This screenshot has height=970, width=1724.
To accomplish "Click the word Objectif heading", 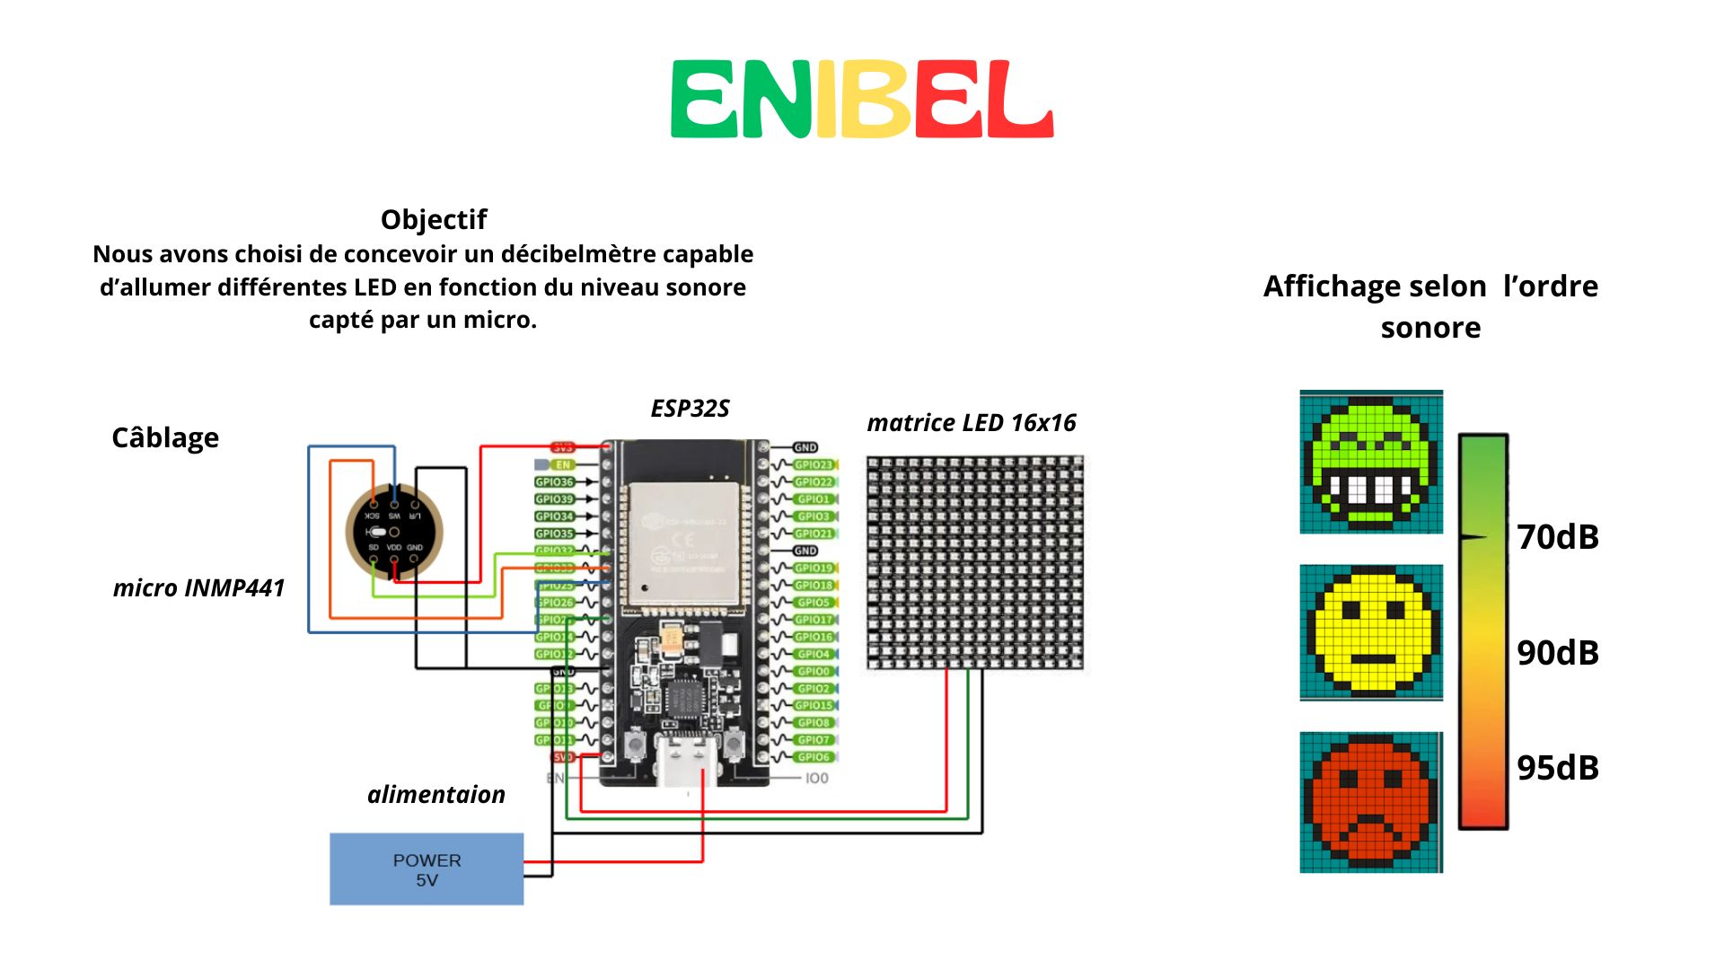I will coord(433,219).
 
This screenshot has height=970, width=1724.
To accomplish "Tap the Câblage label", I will coord(165,437).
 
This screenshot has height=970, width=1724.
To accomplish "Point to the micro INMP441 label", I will coord(198,587).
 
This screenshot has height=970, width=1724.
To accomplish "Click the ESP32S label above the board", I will coord(690,409).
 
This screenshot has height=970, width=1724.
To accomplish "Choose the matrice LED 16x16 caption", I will coord(971,422).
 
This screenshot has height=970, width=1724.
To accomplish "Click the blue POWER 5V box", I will coord(427,869).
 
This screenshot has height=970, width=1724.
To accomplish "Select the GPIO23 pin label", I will coord(814,464).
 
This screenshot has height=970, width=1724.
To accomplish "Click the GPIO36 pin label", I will coord(554,482).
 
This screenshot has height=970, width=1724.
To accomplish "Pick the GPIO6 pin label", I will coord(814,757).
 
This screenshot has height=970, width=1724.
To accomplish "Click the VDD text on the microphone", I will coord(394,547).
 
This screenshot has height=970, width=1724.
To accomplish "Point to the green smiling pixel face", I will coord(1370,462).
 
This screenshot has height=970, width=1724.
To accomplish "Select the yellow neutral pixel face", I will coord(1370,632).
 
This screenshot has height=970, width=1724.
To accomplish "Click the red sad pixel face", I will coord(1370,801).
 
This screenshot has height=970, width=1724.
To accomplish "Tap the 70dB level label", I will coord(1558,537).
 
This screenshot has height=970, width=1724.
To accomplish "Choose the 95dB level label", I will coord(1558,768).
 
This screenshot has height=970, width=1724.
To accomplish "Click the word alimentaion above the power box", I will coord(436,794).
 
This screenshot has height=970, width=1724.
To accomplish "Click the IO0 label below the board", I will coord(816,778).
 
